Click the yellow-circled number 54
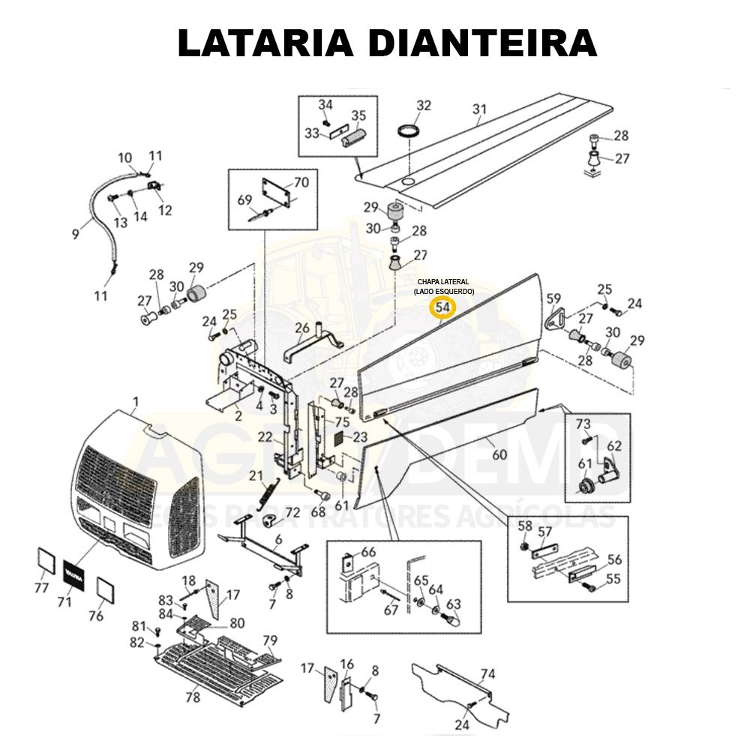pyautogui.click(x=442, y=307)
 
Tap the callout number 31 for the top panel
pyautogui.click(x=479, y=109)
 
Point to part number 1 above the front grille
pyautogui.click(x=136, y=401)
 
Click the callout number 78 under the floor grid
pyautogui.click(x=193, y=697)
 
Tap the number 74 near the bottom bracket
pyautogui.click(x=487, y=674)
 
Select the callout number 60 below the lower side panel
pyautogui.click(x=499, y=454)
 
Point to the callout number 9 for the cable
pyautogui.click(x=75, y=234)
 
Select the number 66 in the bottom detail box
pyautogui.click(x=368, y=552)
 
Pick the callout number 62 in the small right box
pyautogui.click(x=614, y=446)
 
